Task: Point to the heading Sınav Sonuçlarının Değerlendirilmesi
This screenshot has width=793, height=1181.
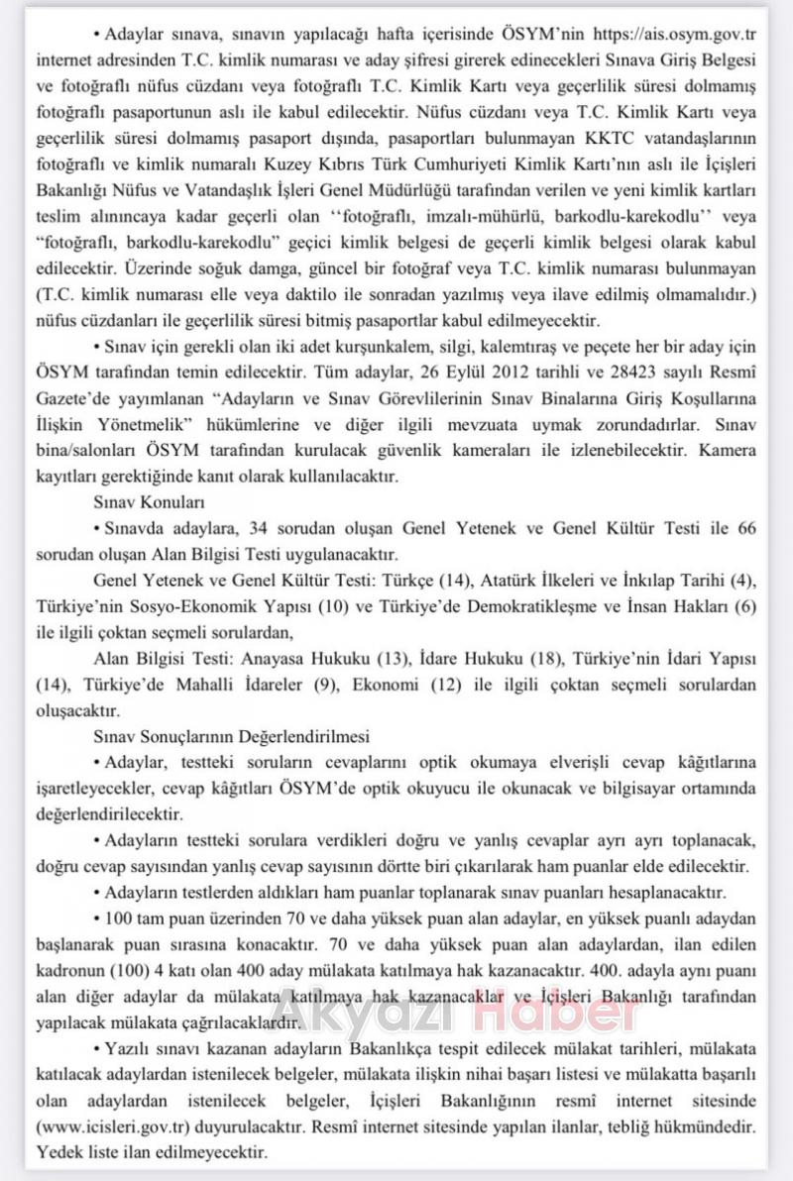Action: coord(230,736)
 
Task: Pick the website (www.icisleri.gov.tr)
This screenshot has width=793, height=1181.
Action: coord(112,1127)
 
